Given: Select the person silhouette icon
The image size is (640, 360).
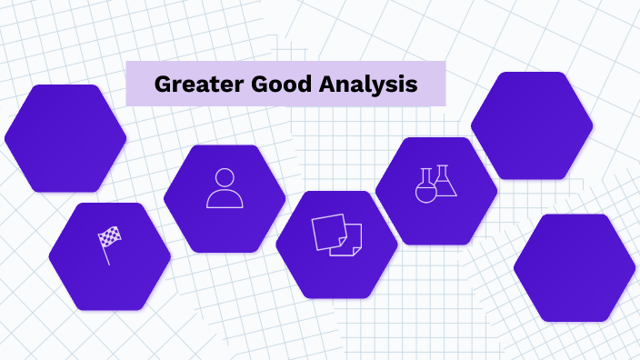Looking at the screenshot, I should (225, 188).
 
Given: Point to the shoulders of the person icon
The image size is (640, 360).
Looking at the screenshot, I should (225, 200).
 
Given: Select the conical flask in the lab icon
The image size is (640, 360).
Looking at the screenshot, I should (445, 183).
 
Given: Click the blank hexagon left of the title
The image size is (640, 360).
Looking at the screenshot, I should (65, 138).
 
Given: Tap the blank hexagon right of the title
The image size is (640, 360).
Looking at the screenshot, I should (532, 125).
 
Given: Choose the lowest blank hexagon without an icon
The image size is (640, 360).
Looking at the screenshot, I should (574, 268).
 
